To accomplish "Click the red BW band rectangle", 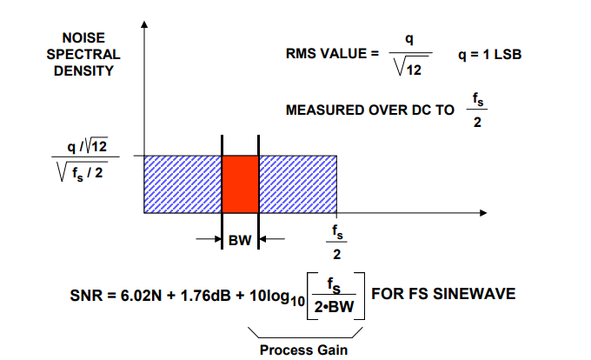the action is (x=240, y=184).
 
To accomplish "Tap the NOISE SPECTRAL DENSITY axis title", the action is (x=83, y=54).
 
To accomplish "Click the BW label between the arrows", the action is (x=240, y=240).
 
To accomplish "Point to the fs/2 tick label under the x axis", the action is (x=337, y=243).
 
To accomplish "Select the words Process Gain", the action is (x=303, y=350).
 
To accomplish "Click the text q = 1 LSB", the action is (x=489, y=55).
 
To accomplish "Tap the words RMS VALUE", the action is (x=327, y=54).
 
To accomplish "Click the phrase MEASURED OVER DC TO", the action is (x=370, y=110).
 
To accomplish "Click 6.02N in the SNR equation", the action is (x=141, y=295).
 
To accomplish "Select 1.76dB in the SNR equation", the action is (x=205, y=295).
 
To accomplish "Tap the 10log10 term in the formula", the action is (x=277, y=297).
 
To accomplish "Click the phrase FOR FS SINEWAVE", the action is (x=443, y=294).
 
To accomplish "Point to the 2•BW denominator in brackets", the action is (x=334, y=307).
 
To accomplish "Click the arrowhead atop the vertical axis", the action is (x=144, y=24).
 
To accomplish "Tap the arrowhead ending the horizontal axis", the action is (x=483, y=213).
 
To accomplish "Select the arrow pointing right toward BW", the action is (x=209, y=239).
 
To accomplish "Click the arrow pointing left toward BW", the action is (x=272, y=239).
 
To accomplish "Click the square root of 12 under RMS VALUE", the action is (x=410, y=67).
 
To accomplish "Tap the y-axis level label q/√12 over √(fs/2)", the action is (x=85, y=159).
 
